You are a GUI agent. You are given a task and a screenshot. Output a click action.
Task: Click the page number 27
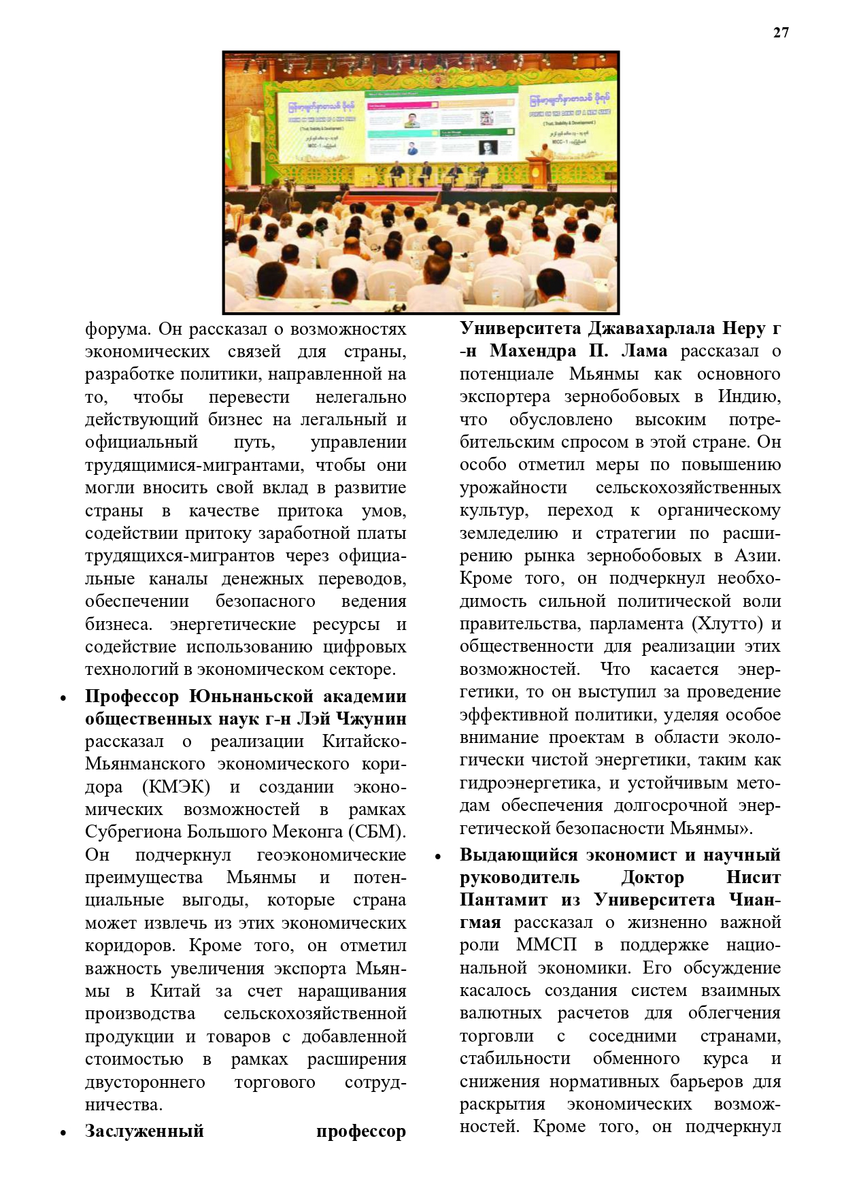tap(781, 32)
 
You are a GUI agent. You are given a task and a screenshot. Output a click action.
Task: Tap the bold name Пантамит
tap(503, 900)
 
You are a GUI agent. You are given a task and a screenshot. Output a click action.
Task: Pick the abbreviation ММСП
tap(546, 946)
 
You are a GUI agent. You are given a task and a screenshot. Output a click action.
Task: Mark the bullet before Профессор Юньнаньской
tap(63, 698)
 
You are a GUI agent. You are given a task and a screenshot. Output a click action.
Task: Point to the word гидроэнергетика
tap(530, 783)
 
